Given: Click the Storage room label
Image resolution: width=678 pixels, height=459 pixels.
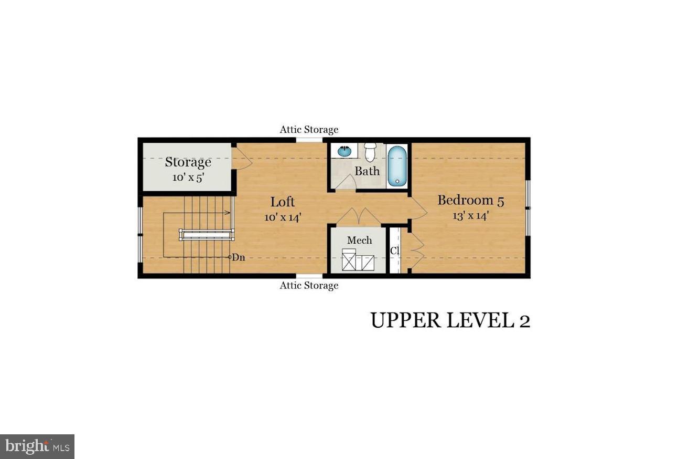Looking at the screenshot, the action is pyautogui.click(x=188, y=162).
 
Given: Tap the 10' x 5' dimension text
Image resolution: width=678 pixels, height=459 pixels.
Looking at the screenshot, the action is pyautogui.click(x=188, y=178).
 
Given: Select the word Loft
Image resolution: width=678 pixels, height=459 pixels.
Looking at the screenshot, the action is pyautogui.click(x=283, y=202).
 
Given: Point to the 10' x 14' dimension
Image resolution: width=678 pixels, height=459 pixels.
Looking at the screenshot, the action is pyautogui.click(x=283, y=217).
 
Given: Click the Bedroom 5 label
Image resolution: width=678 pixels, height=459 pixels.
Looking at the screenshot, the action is pyautogui.click(x=471, y=201).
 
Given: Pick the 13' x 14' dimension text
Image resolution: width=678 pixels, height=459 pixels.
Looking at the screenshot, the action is pyautogui.click(x=471, y=215).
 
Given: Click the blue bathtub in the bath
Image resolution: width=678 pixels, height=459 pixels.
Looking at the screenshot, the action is pyautogui.click(x=397, y=166).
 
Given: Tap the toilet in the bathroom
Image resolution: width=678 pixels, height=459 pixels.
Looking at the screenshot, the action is pyautogui.click(x=370, y=152).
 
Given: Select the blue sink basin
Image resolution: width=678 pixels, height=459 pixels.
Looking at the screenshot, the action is pyautogui.click(x=344, y=150).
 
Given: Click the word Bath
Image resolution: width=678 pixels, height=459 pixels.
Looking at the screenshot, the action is pyautogui.click(x=367, y=171).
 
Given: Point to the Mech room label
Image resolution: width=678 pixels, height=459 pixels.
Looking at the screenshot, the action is pyautogui.click(x=359, y=240).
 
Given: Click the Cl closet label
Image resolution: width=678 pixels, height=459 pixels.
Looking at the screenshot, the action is pyautogui.click(x=395, y=251).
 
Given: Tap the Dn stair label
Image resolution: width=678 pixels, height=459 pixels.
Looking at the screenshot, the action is pyautogui.click(x=239, y=257).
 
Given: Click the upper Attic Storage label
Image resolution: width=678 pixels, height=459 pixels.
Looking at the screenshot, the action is pyautogui.click(x=309, y=129).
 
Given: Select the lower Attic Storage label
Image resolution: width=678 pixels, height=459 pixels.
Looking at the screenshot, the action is pyautogui.click(x=309, y=285).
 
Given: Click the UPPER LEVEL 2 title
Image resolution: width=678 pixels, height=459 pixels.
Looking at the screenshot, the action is pyautogui.click(x=450, y=320).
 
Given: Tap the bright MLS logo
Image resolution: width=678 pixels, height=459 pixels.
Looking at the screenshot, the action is pyautogui.click(x=37, y=446).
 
